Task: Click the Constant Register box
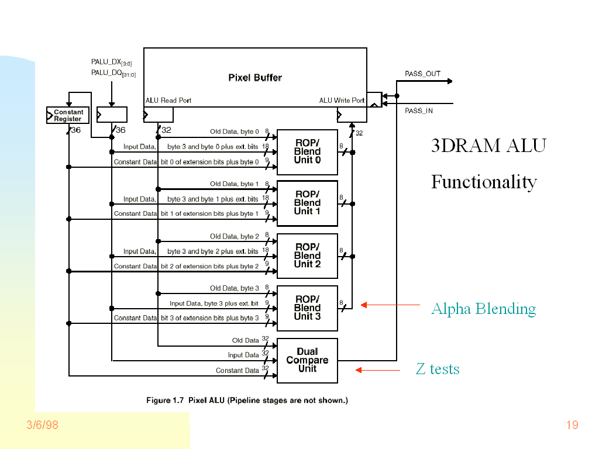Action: coord(68,115)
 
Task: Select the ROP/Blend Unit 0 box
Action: coord(307,152)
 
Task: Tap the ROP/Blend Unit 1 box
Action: coord(307,203)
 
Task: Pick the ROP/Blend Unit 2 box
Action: coord(307,255)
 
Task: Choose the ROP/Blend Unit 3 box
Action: coord(307,308)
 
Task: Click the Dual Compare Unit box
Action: coord(307,360)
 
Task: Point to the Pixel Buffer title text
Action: coord(255,78)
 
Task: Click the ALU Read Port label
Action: coord(168,101)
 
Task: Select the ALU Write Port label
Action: coord(342,101)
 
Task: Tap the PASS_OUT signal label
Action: coord(422,74)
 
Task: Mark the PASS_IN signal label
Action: coord(419,110)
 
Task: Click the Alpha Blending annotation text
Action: coord(483,309)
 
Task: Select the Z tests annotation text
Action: coord(438,369)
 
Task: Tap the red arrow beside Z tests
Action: coord(378,369)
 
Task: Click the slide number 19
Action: coord(572,425)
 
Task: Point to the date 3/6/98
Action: coord(43,425)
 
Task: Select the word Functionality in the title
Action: coord(484,182)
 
